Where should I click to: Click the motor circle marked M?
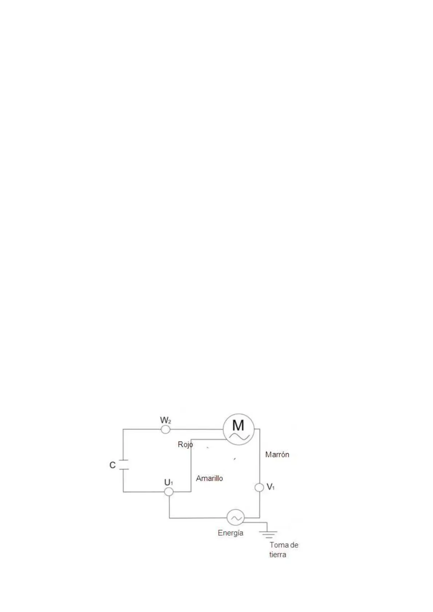[238, 429]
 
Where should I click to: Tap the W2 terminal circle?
[165, 430]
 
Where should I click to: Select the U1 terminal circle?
[169, 492]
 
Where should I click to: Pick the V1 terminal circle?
[259, 487]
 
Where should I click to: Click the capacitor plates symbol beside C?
[124, 465]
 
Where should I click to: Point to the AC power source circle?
[235, 517]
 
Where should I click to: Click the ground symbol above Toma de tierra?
[268, 534]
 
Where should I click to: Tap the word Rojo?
[185, 444]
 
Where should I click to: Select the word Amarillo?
[209, 478]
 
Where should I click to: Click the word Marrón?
[277, 454]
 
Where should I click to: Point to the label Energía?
[230, 533]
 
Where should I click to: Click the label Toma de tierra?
[283, 549]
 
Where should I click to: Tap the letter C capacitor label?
[112, 465]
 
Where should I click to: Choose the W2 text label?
[166, 420]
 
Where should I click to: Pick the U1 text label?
[168, 483]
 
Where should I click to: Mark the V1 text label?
[271, 487]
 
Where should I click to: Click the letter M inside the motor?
[238, 425]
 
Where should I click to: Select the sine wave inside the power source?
[236, 518]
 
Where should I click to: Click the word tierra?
[278, 555]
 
